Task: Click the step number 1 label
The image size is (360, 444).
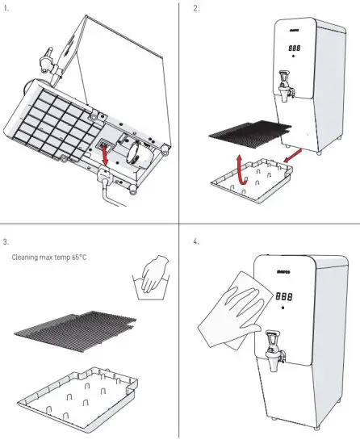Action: coord(6,9)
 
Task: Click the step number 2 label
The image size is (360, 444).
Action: coord(196,9)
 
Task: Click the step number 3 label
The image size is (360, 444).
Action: coord(6,242)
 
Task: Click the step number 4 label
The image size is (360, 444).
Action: coord(196,241)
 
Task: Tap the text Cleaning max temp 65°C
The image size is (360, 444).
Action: coord(49,258)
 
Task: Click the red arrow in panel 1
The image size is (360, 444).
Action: coord(105,155)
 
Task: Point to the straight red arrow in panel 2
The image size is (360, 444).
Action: coord(292,156)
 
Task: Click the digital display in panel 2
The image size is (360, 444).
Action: coord(295,48)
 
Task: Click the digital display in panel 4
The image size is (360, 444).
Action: coord(284,296)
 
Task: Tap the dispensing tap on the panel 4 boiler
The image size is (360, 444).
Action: coord(274,350)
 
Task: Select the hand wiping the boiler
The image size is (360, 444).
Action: coord(243,308)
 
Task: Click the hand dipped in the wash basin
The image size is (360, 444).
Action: coord(154,273)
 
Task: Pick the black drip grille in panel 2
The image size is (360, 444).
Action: coord(250,134)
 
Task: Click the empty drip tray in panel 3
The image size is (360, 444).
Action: coord(77,400)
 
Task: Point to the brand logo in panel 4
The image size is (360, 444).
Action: coord(283,272)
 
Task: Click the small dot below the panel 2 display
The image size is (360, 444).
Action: coord(293,56)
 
